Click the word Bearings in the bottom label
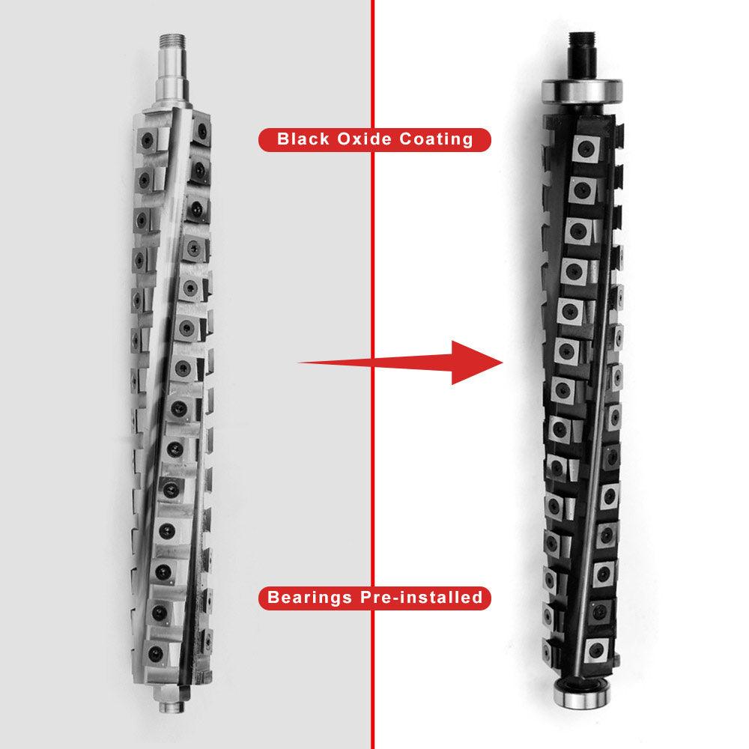pyautogui.click(x=309, y=598)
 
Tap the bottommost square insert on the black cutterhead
pyautogui.click(x=595, y=650)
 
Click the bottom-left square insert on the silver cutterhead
pyautogui.click(x=155, y=650)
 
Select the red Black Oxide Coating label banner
pyautogui.click(x=374, y=139)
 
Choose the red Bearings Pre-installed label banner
pyautogui.click(x=374, y=598)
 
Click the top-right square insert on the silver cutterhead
pyautogui.click(x=200, y=132)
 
